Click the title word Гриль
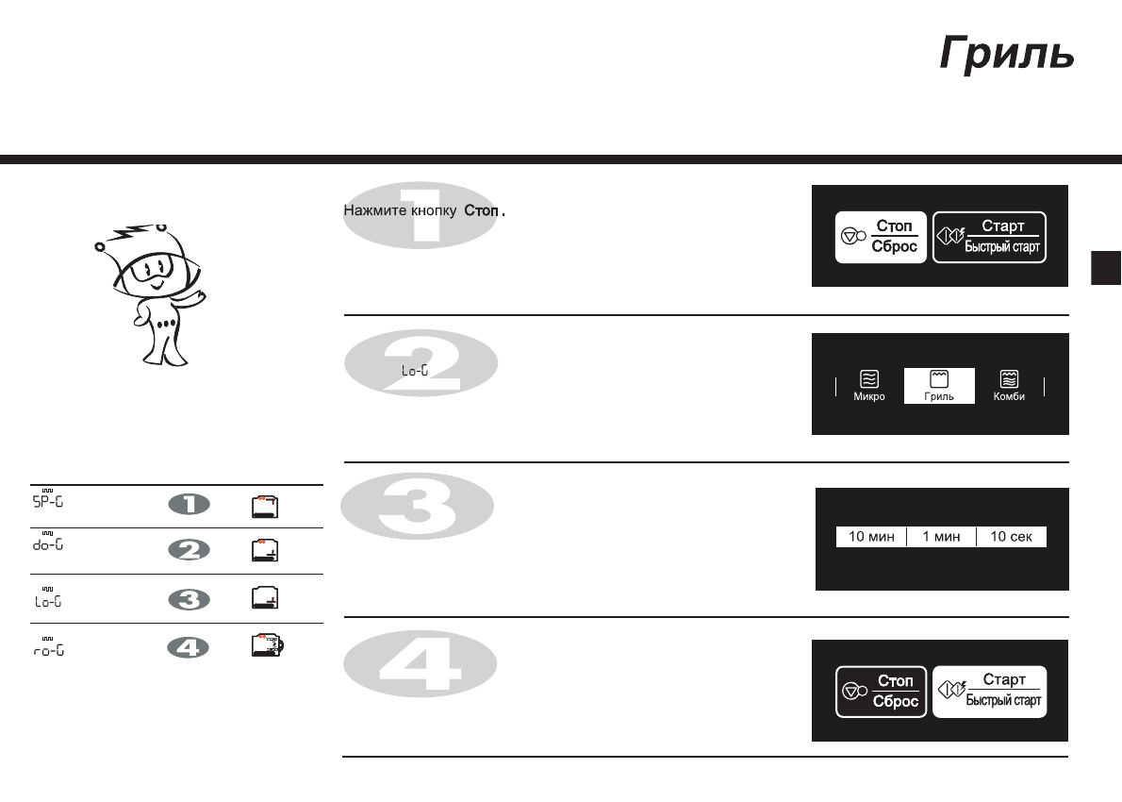pyautogui.click(x=1006, y=55)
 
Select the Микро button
pyautogui.click(x=869, y=386)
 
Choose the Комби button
pyautogui.click(x=1008, y=386)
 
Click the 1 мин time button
pyautogui.click(x=941, y=537)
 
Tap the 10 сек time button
pyautogui.click(x=1011, y=537)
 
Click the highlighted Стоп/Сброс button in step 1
pyautogui.click(x=881, y=237)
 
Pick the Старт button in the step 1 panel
pyautogui.click(x=989, y=237)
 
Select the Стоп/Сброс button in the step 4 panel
pyautogui.click(x=881, y=691)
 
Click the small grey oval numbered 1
pyautogui.click(x=189, y=506)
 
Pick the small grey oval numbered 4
pyautogui.click(x=189, y=648)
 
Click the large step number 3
pyautogui.click(x=417, y=508)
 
